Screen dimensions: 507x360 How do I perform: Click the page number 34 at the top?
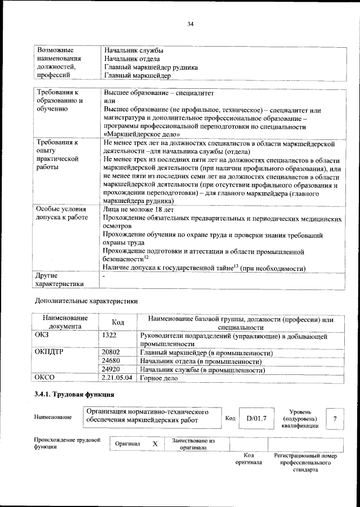click(x=190, y=24)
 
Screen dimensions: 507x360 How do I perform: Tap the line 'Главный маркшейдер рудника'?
click(x=150, y=66)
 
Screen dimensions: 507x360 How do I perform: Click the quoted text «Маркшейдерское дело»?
click(x=142, y=134)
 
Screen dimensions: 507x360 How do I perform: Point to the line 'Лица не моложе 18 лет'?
click(x=139, y=209)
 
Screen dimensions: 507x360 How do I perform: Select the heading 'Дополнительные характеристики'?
click(x=86, y=301)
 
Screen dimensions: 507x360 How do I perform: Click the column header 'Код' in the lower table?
click(x=118, y=323)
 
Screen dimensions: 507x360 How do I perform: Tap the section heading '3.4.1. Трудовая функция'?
click(x=74, y=395)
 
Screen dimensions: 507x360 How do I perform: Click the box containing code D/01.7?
click(x=256, y=418)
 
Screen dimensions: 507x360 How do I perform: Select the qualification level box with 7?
click(x=335, y=418)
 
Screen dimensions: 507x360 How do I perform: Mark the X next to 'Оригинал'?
click(x=155, y=443)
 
